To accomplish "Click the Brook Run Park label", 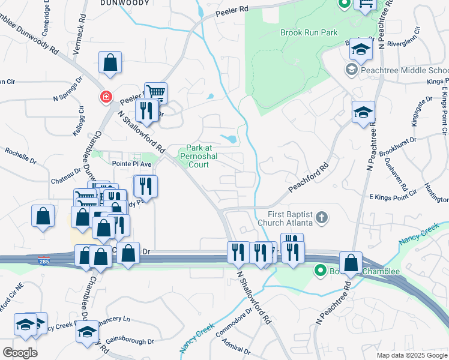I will point(309,32).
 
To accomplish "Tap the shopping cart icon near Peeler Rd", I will point(155,92).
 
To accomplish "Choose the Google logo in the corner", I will point(20,352).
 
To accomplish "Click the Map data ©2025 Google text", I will point(412,355).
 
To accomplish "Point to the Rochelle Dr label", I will point(21,157).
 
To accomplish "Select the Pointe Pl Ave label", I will point(132,163).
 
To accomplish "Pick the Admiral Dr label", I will point(235,346).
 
